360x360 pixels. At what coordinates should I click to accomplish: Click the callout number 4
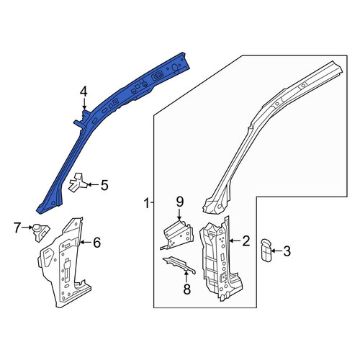coord(84,93)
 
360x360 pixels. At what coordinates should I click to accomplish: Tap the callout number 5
coord(104,185)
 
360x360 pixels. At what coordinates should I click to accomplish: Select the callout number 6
coord(96,243)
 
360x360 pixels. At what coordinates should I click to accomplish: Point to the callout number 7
coord(17,228)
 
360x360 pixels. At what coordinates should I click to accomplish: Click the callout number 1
coord(147,203)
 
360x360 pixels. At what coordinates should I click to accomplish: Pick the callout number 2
coord(246,241)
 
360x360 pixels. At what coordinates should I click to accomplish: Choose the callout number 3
coord(287,251)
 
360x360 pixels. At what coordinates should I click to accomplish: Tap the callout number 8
coord(186,289)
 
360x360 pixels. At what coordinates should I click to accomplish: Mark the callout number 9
coord(180,202)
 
